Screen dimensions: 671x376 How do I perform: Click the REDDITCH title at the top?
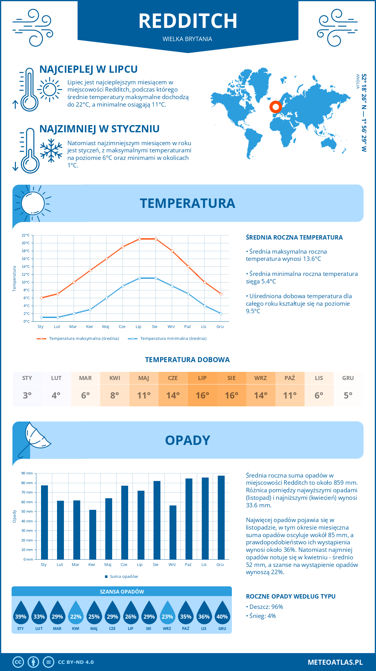tap(188, 21)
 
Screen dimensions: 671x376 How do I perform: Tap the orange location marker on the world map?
tap(276, 107)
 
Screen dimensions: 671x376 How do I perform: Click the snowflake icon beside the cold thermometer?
tap(51, 151)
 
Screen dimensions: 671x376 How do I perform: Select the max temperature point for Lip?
tap(139, 239)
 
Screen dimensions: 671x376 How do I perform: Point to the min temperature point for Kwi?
tap(90, 309)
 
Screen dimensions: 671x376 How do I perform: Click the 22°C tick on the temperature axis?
tap(26, 235)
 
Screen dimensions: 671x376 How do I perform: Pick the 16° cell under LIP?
tap(202, 395)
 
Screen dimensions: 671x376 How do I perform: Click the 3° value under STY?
tap(27, 395)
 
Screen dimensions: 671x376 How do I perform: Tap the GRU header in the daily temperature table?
tap(348, 378)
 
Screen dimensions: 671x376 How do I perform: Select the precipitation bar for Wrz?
tap(173, 532)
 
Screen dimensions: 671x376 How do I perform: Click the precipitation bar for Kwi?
tap(93, 535)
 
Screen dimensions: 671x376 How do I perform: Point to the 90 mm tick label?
tap(27, 473)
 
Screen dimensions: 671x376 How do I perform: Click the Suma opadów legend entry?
tap(123, 577)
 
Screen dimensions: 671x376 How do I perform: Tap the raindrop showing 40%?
tap(222, 613)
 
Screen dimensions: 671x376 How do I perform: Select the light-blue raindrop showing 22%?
tap(76, 613)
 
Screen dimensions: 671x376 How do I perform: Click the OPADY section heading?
tap(187, 440)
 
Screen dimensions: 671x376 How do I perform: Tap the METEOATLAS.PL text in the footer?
tap(335, 662)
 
